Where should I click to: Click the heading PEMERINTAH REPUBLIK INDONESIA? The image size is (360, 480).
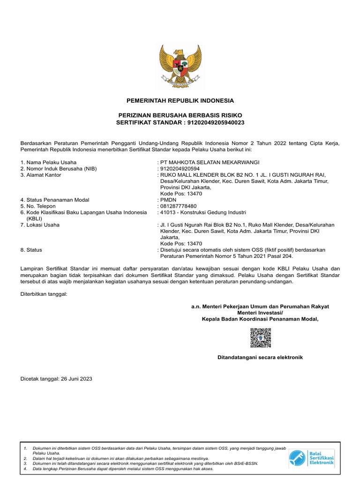click(180, 101)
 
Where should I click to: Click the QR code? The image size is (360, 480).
click(260, 337)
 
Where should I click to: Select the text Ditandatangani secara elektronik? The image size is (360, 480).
click(260, 358)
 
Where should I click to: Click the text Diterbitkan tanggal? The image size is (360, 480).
click(44, 294)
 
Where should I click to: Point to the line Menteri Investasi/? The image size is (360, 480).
click(260, 313)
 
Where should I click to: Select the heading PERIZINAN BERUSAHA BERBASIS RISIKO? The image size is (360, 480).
click(180, 115)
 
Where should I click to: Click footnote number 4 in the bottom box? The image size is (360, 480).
click(25, 469)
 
